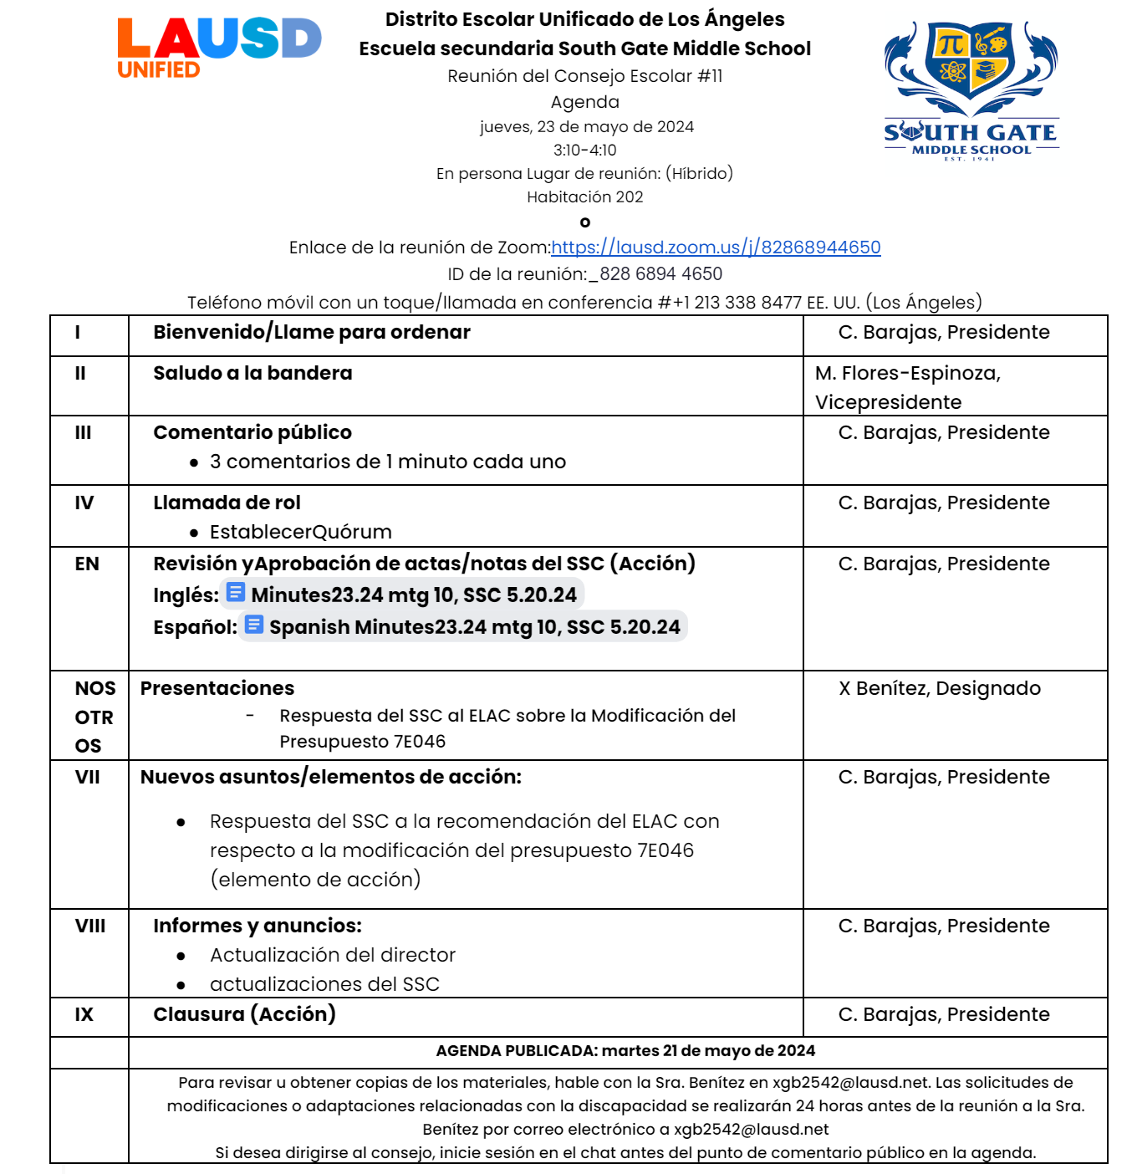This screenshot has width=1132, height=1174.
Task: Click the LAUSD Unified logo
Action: click(218, 48)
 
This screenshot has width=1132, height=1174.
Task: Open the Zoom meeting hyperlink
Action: click(716, 248)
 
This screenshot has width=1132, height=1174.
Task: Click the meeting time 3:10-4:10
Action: click(584, 151)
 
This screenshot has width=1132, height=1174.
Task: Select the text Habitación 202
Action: click(584, 197)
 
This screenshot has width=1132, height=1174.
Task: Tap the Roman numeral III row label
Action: click(83, 433)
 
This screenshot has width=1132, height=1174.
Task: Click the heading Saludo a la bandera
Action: click(252, 373)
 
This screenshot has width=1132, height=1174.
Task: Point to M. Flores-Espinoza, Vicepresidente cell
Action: click(908, 387)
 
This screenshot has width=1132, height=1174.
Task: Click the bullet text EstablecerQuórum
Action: click(300, 532)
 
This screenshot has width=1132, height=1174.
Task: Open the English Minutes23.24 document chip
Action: click(402, 595)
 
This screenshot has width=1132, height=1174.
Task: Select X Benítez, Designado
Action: click(940, 688)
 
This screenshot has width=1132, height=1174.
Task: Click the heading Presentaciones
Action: click(217, 688)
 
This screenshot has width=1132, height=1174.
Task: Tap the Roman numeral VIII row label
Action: click(90, 926)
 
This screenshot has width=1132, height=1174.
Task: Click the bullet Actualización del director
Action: click(332, 955)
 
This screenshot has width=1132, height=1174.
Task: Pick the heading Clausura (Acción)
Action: click(244, 1014)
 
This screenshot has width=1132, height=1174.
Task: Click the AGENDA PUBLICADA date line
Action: click(625, 1051)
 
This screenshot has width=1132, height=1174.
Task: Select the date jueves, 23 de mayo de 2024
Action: click(586, 127)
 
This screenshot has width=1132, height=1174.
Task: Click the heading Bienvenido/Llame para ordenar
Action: click(311, 332)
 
